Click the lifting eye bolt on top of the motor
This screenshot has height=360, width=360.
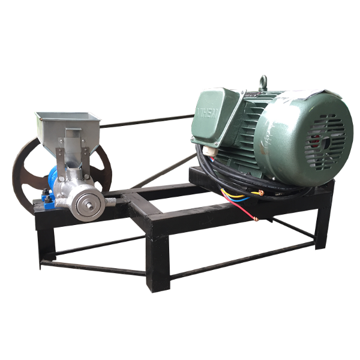coord(262,82)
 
